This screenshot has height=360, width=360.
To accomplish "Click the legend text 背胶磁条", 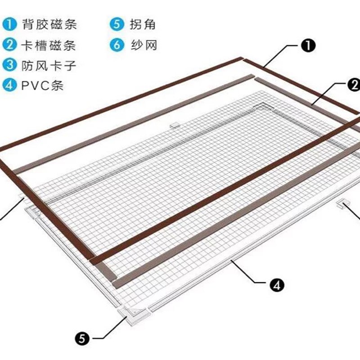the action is tap(49, 24).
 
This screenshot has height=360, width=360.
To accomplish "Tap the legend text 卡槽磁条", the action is tap(49, 45).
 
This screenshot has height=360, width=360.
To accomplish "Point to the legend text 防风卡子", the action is tap(49, 66).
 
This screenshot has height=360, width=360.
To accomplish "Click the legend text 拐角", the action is tap(143, 24).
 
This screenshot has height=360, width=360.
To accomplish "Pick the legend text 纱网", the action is tap(143, 45).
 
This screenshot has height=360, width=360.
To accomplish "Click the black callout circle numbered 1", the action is tap(309, 45).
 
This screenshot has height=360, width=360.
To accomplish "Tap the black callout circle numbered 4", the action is tap(276, 284).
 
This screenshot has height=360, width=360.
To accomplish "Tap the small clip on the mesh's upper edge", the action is tap(175, 124).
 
